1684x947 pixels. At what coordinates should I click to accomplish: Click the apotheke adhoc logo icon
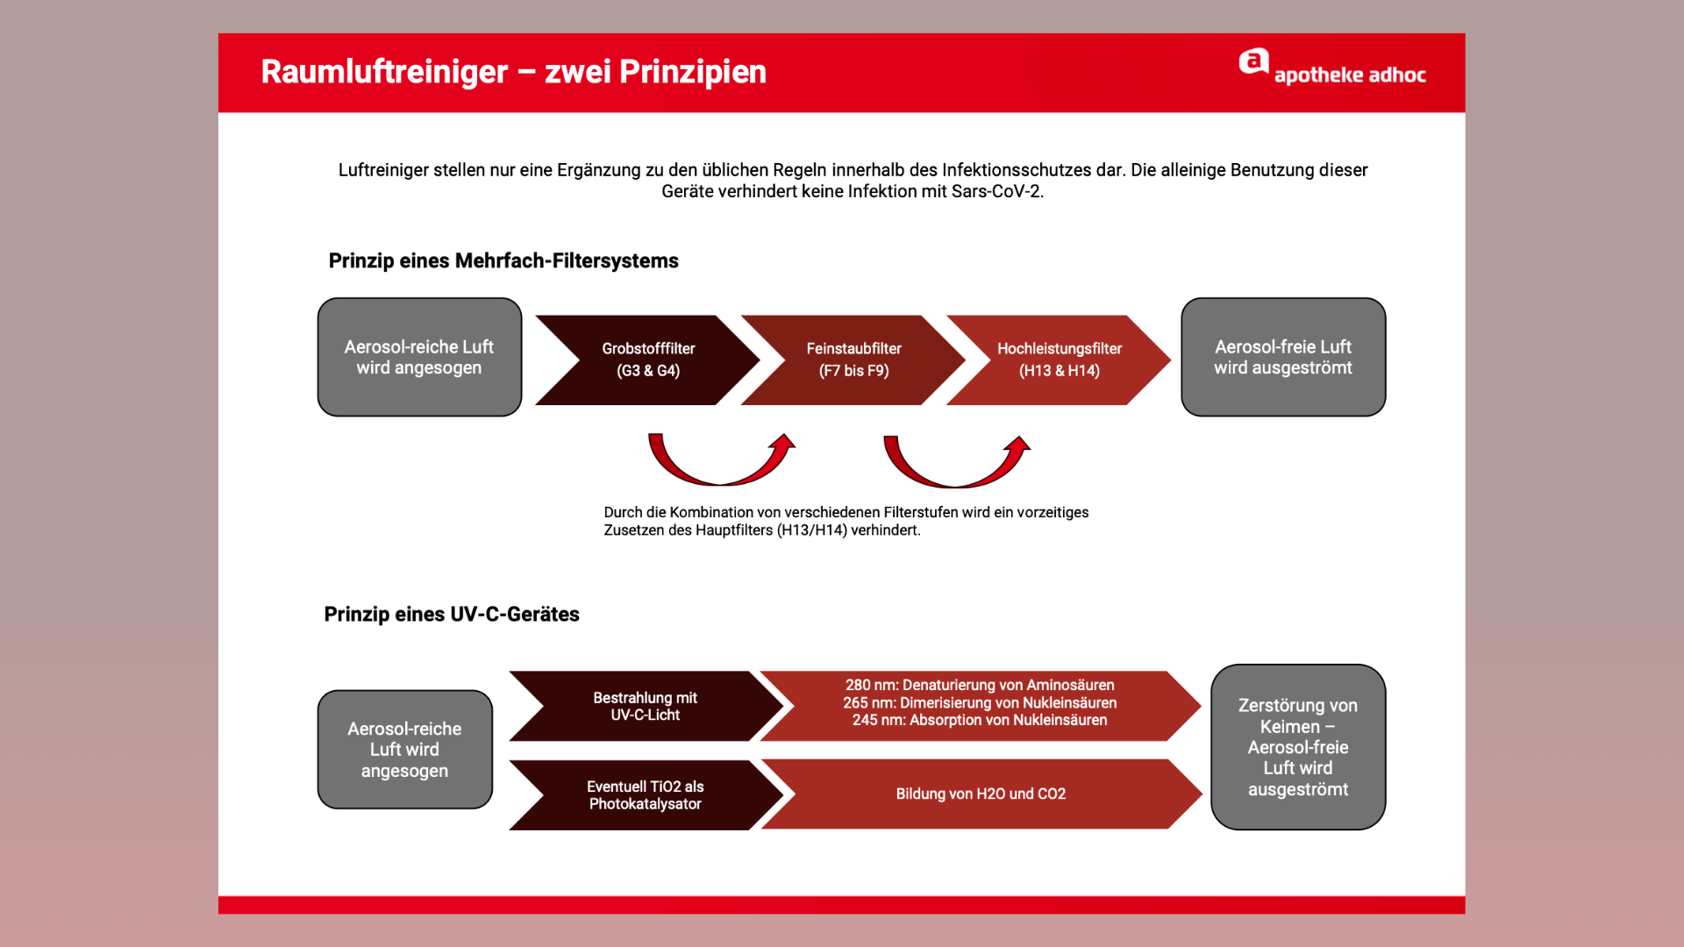pos(1253,63)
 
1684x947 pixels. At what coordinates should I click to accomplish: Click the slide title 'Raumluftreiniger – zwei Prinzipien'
pos(513,72)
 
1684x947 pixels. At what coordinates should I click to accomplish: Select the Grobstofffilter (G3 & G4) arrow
pos(647,360)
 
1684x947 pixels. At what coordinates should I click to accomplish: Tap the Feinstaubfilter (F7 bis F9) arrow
pos(853,360)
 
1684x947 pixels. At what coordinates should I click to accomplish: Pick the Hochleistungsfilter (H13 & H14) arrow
pos(1059,360)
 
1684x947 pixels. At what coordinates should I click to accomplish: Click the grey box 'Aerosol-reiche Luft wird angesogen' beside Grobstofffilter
pos(419,357)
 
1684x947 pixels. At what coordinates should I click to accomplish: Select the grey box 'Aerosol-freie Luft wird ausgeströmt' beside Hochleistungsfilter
pos(1282,357)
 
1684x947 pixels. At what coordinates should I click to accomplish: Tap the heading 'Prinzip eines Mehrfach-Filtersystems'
pos(503,261)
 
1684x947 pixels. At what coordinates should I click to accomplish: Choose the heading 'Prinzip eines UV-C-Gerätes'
pos(452,615)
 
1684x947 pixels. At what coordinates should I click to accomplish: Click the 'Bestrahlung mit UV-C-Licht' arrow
pos(645,707)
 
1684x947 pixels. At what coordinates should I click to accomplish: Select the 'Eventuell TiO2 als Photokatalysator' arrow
pos(645,795)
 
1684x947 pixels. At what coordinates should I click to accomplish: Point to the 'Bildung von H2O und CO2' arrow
pos(980,794)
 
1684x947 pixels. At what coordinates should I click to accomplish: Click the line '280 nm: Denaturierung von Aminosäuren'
pos(980,686)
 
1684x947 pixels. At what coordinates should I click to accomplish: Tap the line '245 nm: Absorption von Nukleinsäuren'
pos(980,721)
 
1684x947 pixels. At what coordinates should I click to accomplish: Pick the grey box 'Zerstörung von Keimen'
pos(1297,747)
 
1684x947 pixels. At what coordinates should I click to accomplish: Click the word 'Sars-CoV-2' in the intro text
pos(995,192)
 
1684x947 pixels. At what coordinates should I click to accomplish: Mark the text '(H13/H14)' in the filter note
pos(812,530)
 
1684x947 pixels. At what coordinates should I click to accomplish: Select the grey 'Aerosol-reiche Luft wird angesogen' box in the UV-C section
pos(404,750)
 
